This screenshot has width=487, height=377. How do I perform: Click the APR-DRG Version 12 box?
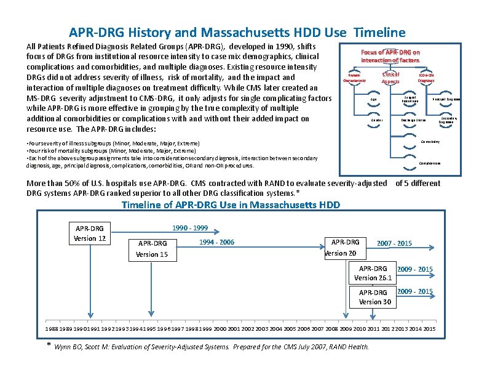coord(89,233)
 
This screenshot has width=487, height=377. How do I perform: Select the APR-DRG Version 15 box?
coord(152,249)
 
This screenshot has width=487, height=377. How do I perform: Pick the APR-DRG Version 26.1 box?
coord(373,273)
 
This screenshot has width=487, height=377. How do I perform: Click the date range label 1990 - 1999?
coord(190,227)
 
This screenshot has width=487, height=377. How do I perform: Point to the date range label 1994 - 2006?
coord(216,242)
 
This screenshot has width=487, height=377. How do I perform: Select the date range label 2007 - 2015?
coord(394,243)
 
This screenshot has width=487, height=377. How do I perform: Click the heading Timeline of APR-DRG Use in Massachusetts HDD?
coord(231,205)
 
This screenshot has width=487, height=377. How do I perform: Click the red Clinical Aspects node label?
coord(390,78)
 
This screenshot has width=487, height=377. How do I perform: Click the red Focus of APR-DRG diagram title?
coord(390,56)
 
